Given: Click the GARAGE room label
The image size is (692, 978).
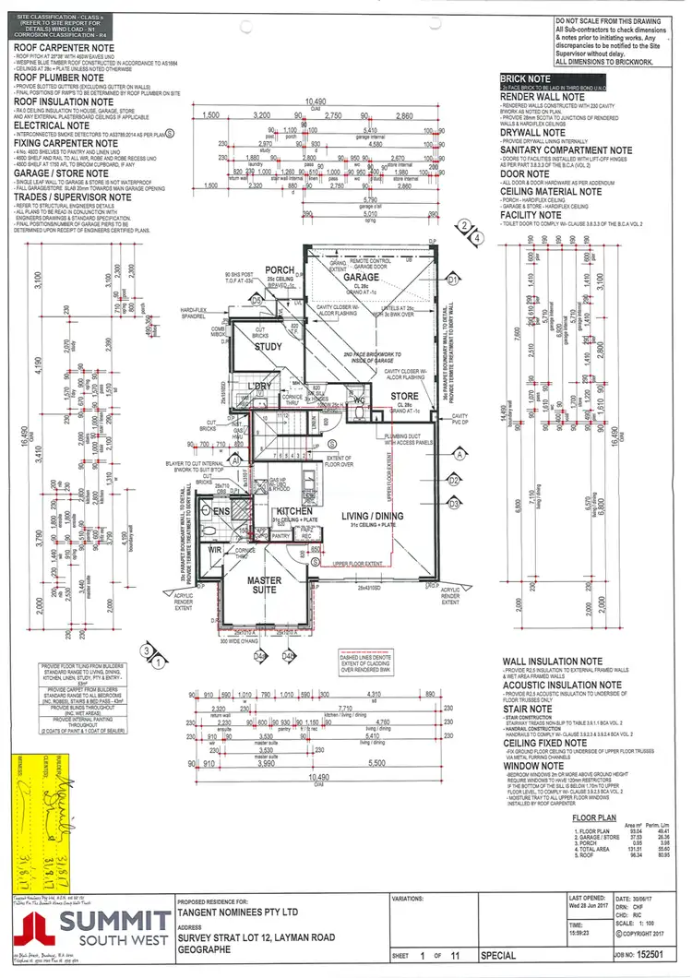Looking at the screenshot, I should pyautogui.click(x=361, y=277).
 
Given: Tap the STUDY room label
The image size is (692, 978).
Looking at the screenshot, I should pyautogui.click(x=268, y=347).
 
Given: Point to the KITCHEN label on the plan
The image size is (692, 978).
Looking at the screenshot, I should pyautogui.click(x=293, y=510).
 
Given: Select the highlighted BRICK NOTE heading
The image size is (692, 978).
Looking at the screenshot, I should pyautogui.click(x=525, y=79).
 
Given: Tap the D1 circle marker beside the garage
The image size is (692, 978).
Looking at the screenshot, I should pyautogui.click(x=453, y=278).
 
